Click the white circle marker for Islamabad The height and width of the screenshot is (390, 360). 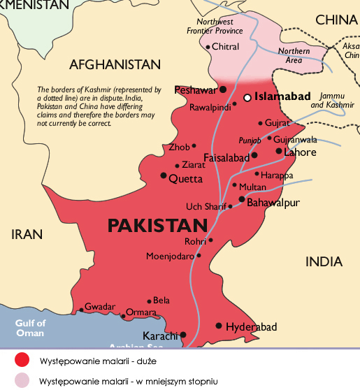pos(247,98)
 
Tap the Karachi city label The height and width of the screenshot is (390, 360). pos(161,335)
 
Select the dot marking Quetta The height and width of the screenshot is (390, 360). pos(164,175)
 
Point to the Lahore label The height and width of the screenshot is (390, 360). pos(300,152)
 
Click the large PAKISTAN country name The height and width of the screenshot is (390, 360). pos(157,226)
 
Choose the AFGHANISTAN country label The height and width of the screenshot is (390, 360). pos(115,65)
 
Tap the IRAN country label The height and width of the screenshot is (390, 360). pos(27,235)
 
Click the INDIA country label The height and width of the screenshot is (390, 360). pos(324,262)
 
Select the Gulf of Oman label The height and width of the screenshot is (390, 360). pos(31,328)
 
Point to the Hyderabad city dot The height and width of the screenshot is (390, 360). pos(219,326)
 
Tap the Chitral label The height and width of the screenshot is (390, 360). pos(225,47)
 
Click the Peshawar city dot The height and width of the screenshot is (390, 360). pos(222,89)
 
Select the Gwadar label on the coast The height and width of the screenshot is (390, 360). pos(99,307)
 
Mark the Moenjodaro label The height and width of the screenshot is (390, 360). pos(170,256)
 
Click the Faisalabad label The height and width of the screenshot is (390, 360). pos(225,158)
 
